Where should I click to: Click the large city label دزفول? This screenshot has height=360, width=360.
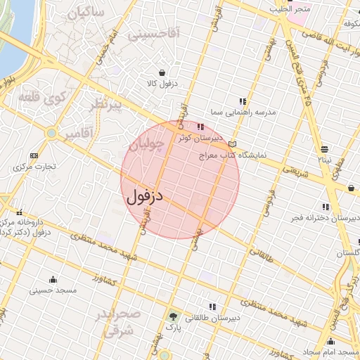pyautogui.click(x=146, y=196)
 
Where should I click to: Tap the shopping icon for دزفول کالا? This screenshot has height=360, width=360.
pyautogui.click(x=163, y=72)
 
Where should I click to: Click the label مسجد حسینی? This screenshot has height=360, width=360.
pyautogui.click(x=53, y=290)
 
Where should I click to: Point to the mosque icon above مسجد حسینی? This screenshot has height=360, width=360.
pyautogui.click(x=53, y=279)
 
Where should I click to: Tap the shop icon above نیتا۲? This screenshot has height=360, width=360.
pyautogui.click(x=324, y=149)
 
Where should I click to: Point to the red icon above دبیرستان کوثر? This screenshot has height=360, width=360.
pyautogui.click(x=201, y=127)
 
